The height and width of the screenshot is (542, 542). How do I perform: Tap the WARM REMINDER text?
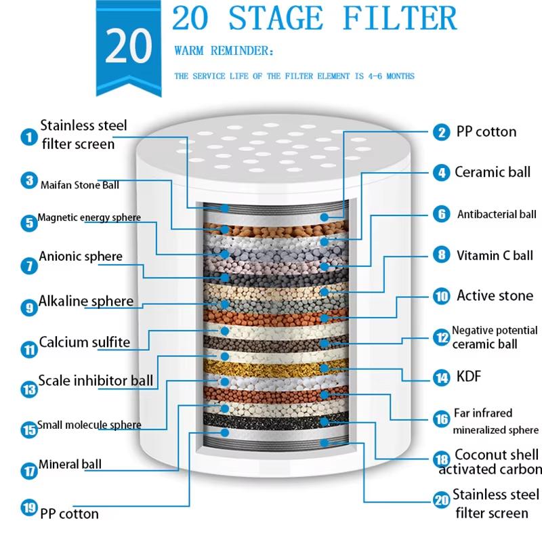(x=224, y=51)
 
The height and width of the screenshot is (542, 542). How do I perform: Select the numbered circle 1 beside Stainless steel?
(x=28, y=137)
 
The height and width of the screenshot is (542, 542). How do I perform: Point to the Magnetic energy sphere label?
(x=89, y=218)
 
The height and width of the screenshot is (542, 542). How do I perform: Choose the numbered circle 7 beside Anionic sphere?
(x=28, y=265)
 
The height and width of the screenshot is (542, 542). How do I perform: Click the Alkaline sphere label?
(x=86, y=301)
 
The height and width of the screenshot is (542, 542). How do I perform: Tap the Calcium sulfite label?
(x=84, y=342)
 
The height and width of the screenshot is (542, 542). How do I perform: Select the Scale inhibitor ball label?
(x=96, y=380)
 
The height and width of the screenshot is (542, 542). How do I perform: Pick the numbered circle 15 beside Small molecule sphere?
(x=28, y=429)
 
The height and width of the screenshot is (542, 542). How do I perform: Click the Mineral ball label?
(x=70, y=465)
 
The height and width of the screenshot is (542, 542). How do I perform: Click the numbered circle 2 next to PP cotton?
(x=442, y=133)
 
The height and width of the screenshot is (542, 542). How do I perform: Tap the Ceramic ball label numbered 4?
(x=492, y=172)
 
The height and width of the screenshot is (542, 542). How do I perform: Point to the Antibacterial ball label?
(x=497, y=215)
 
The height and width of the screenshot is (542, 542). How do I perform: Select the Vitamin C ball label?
(x=495, y=256)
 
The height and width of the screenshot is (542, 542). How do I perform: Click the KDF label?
(x=469, y=376)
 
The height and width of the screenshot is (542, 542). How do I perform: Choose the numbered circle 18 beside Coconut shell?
(x=442, y=459)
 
